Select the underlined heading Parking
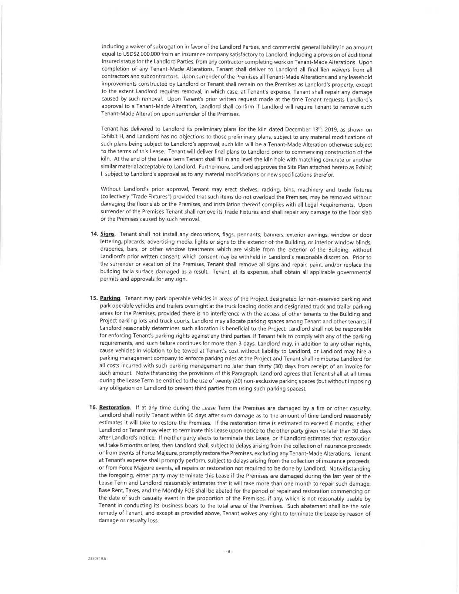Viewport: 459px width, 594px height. point(111,299)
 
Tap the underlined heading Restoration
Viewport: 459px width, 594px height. point(115,407)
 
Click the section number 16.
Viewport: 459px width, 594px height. point(94,407)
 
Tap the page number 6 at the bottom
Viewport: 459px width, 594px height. point(229,551)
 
